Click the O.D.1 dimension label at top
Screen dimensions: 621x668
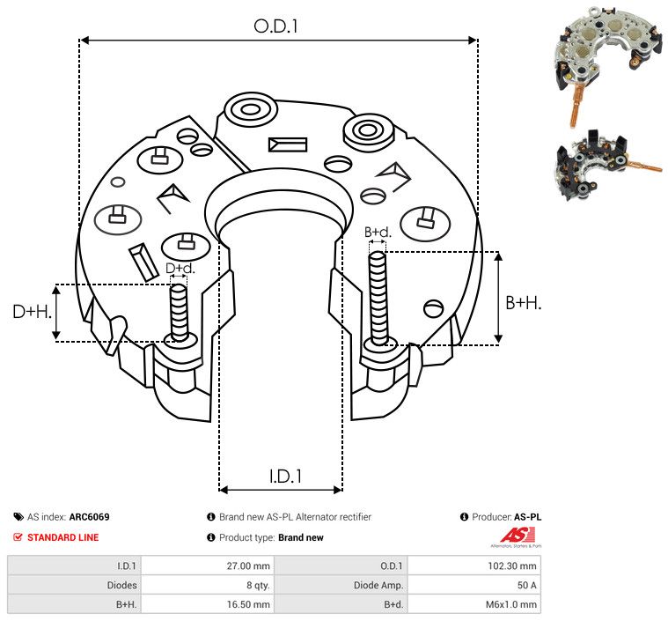276,26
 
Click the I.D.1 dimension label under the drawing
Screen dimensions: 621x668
285,477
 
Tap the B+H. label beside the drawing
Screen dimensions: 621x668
523,302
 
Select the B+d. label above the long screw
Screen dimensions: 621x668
378,233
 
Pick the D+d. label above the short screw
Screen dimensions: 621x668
180,268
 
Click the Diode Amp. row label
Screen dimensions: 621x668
379,585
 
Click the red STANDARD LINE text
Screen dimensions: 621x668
62,537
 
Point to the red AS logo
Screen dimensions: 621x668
512,535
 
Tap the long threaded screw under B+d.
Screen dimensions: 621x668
379,299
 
